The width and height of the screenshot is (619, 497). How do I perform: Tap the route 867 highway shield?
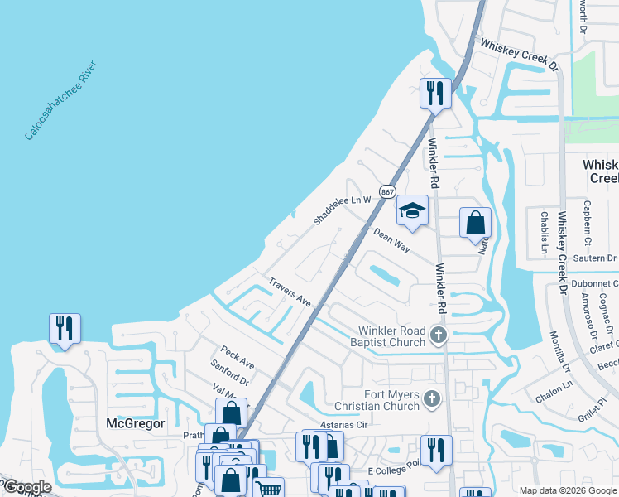(x=386, y=191)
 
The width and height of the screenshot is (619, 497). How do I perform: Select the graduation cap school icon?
(x=412, y=211)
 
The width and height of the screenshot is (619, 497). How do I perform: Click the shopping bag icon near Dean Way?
(x=475, y=223)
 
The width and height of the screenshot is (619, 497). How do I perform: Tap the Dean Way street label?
(x=391, y=241)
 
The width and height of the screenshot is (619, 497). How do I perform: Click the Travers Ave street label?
(x=289, y=292)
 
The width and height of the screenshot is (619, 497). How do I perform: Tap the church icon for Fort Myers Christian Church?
(x=430, y=400)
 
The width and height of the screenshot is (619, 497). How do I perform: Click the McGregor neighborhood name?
(x=137, y=423)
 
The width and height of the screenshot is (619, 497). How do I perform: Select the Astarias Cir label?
(x=343, y=425)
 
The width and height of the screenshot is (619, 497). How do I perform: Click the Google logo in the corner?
(x=26, y=487)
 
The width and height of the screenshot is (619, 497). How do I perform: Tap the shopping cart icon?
(x=268, y=490)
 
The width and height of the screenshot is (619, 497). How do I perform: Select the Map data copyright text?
(x=567, y=490)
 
